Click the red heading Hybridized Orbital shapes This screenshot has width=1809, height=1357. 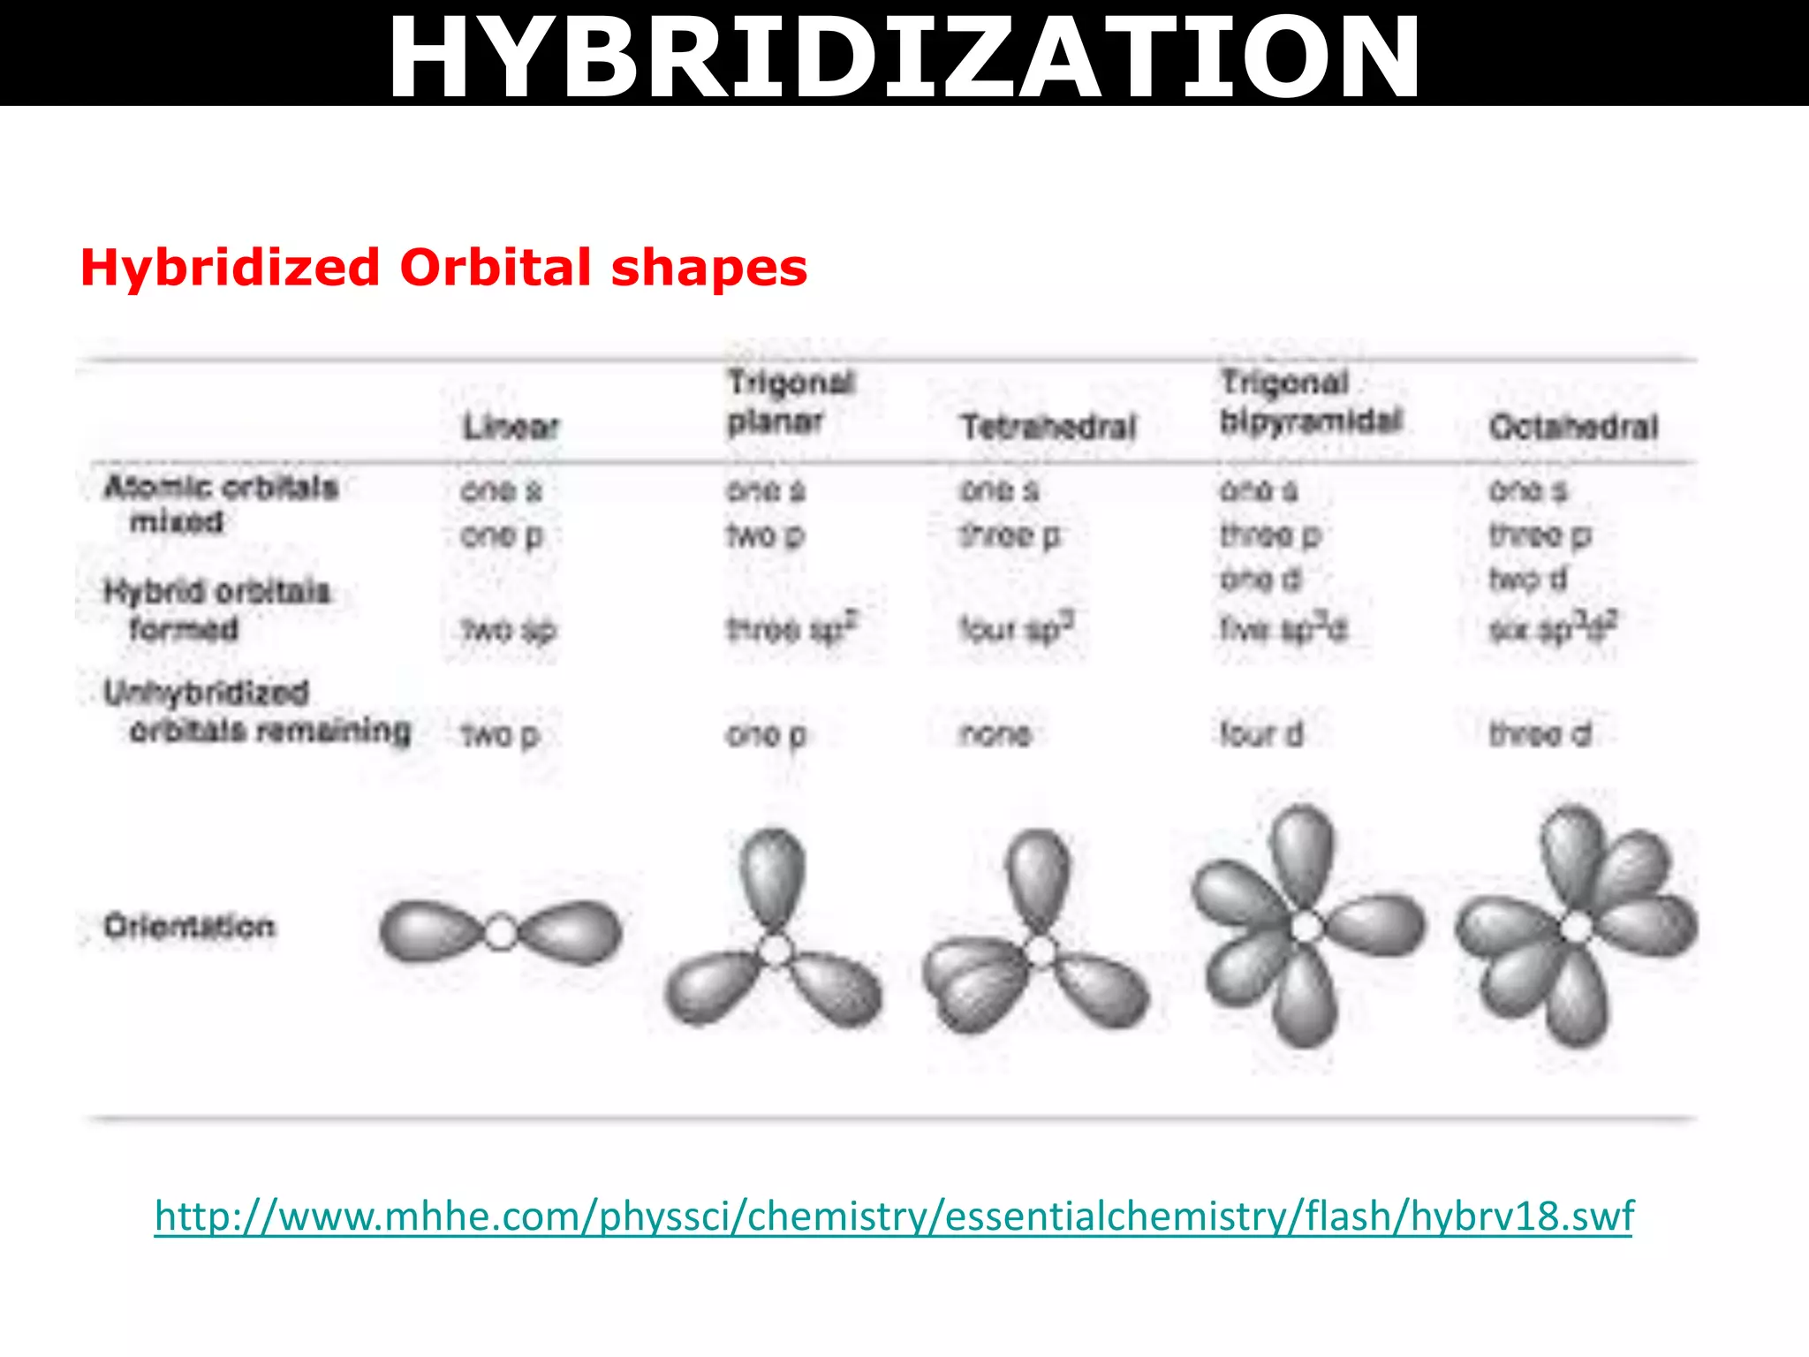pos(443,267)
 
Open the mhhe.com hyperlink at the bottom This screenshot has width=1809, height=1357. pos(894,1216)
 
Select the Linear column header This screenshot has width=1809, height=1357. pos(511,428)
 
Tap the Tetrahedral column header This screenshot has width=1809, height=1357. pos(1048,428)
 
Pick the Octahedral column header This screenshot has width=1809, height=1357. pos(1573,428)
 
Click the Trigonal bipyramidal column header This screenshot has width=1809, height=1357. pos(1310,402)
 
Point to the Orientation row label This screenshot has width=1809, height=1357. pos(189,926)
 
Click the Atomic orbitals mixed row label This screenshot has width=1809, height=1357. pos(220,504)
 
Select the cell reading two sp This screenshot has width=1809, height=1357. pos(509,630)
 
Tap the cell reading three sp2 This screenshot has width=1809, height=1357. pos(791,628)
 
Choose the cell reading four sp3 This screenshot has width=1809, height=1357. pos(1017,628)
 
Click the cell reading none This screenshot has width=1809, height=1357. pos(995,733)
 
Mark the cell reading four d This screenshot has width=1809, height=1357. pos(1261,733)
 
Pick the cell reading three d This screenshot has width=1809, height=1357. pos(1540,733)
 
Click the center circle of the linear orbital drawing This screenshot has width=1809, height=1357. pos(501,932)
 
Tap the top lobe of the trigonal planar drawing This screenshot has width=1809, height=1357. pos(773,875)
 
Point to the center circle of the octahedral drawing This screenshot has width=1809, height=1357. pos(1577,928)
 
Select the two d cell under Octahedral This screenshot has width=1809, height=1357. pos(1527,579)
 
